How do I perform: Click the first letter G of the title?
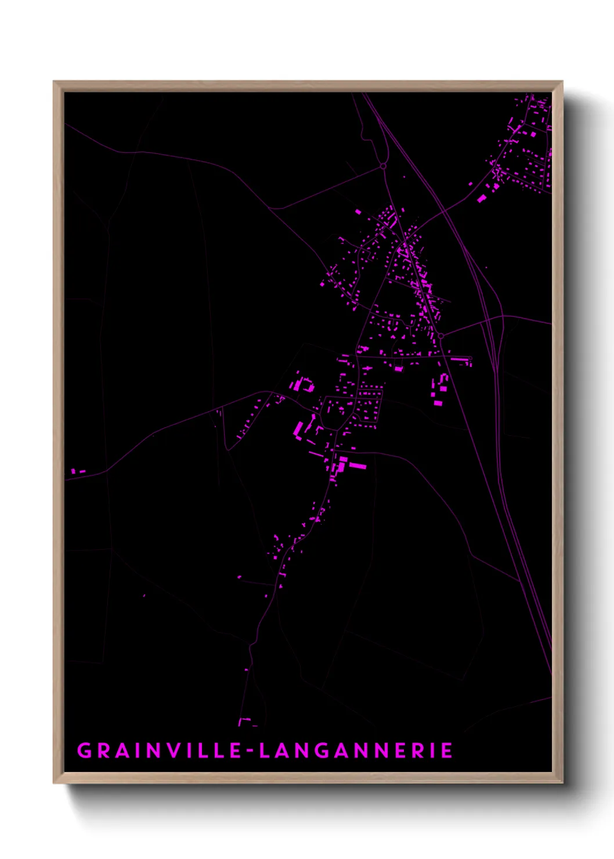tap(84, 750)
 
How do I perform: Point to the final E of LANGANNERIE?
tap(446, 750)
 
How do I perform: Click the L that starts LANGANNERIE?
tap(265, 750)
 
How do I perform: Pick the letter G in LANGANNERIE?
tap(326, 750)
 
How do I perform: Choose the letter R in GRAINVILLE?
tap(104, 750)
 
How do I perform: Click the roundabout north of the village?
tap(383, 166)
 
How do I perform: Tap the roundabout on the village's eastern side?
tap(441, 336)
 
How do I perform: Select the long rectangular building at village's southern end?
tap(356, 465)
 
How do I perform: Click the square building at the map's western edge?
tap(74, 471)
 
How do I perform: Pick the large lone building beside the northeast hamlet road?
tap(482, 198)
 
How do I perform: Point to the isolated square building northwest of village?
tap(358, 212)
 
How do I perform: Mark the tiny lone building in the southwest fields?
tap(144, 595)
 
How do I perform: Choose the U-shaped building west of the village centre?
tap(303, 384)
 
